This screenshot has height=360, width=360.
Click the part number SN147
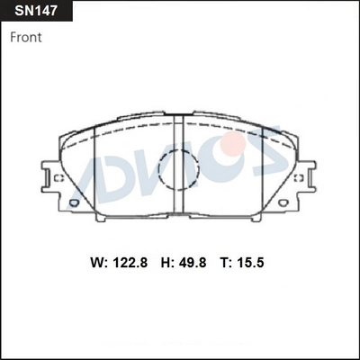point(36,11)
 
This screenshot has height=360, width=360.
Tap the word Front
point(26,38)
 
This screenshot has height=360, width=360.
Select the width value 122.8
point(130,263)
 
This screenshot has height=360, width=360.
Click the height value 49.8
point(193,263)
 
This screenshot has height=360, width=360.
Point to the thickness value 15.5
point(250,263)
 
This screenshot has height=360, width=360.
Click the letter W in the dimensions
point(97,263)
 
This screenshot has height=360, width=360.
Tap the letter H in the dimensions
point(166,263)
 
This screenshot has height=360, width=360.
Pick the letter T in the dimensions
point(225,263)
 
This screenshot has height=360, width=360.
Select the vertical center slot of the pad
point(179,165)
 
